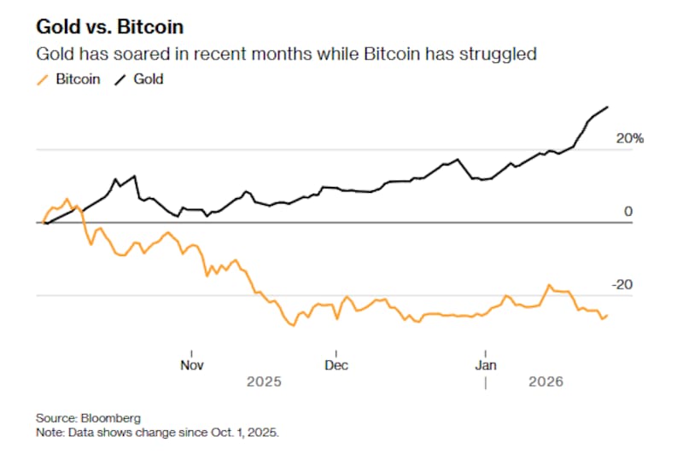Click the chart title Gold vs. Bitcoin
[x=108, y=26]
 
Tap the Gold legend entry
[x=147, y=79]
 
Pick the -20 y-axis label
[x=625, y=284]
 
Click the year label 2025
[x=264, y=381]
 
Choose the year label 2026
[x=546, y=381]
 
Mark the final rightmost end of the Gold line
[x=607, y=107]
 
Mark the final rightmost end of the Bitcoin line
[x=607, y=315]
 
